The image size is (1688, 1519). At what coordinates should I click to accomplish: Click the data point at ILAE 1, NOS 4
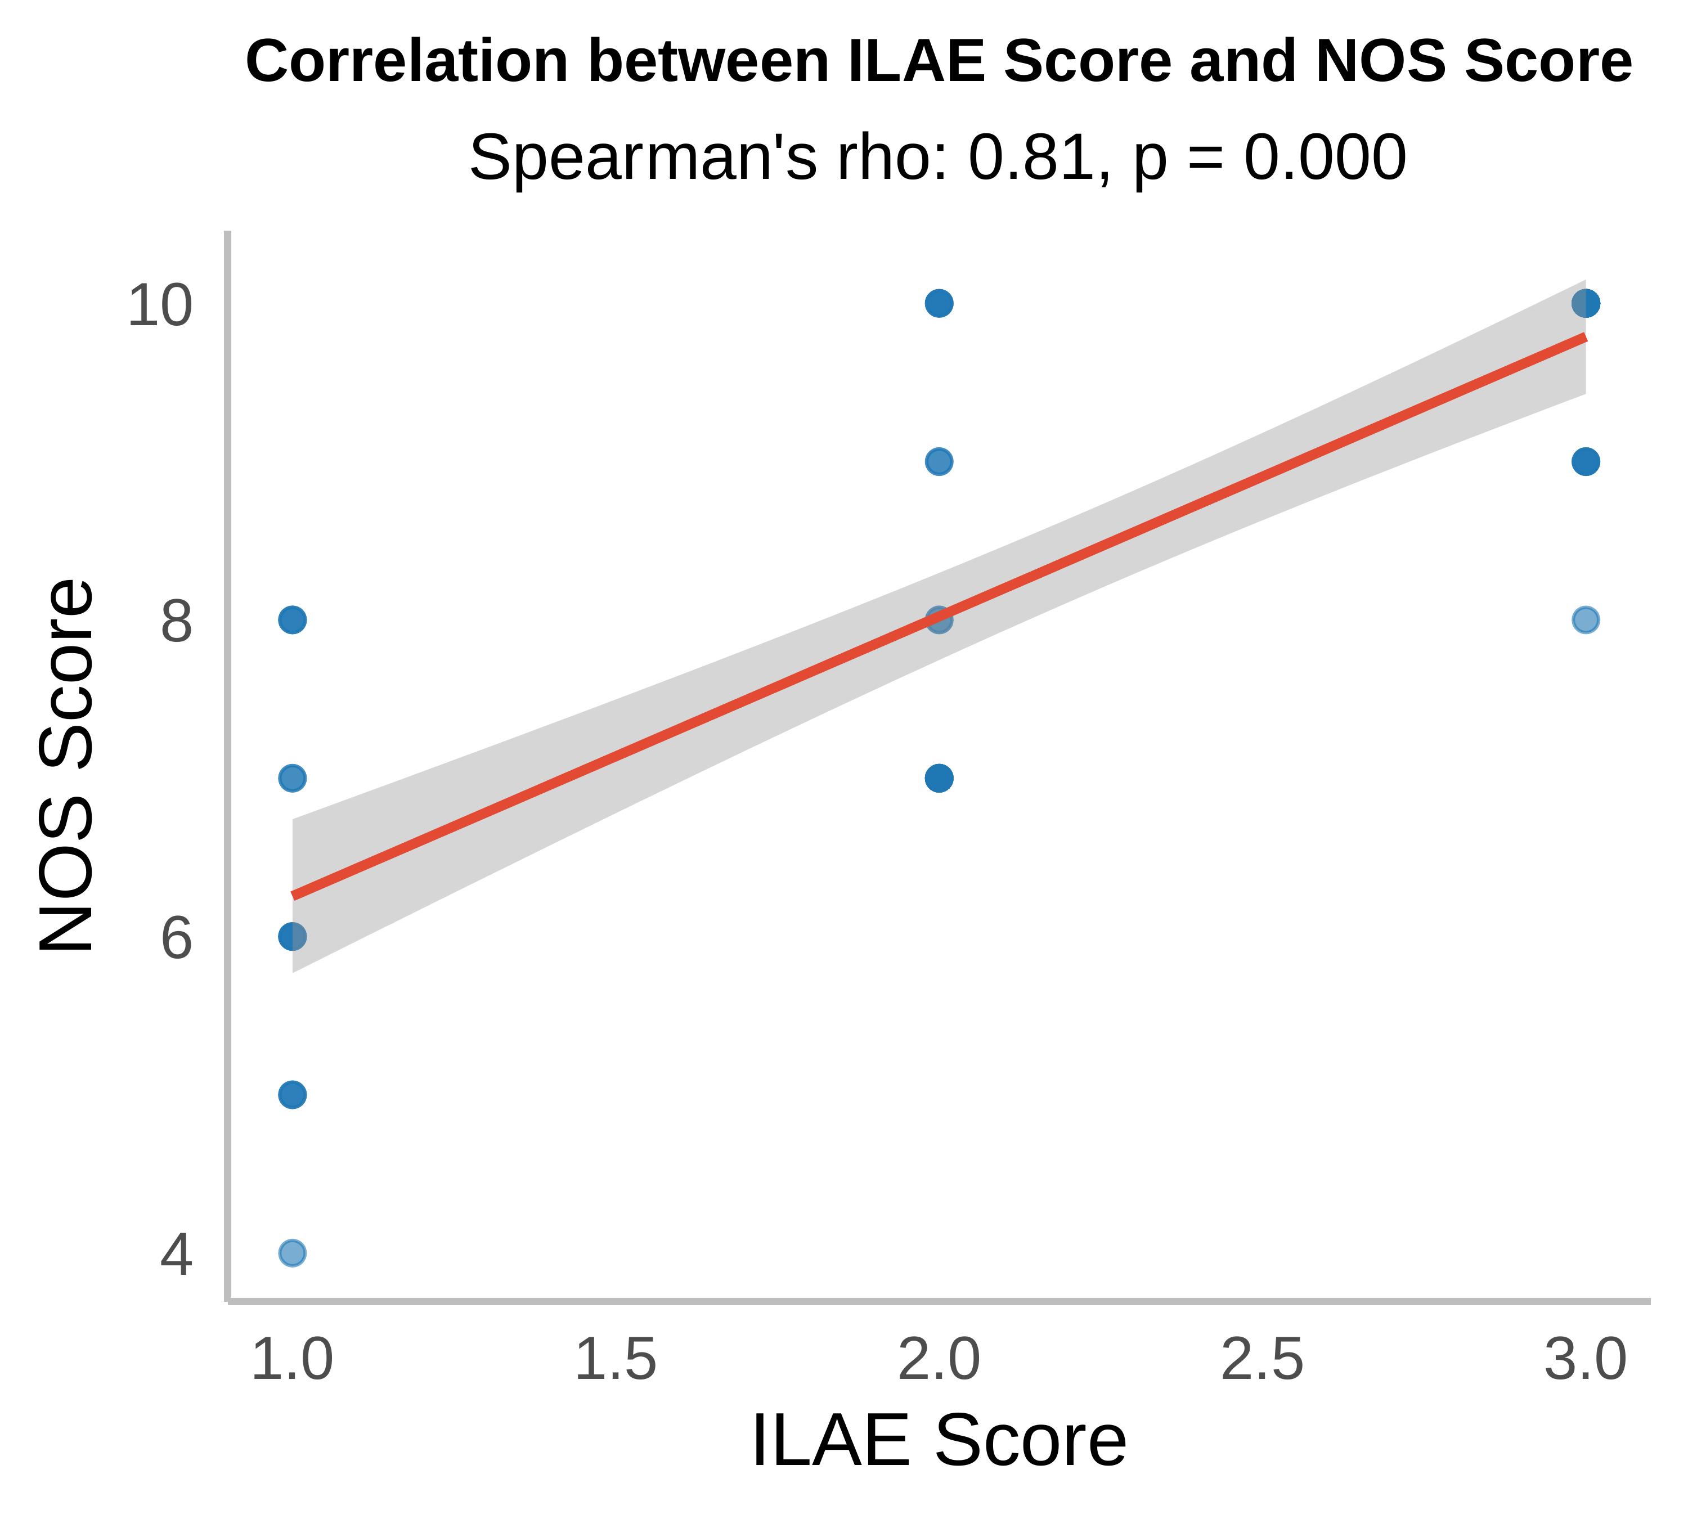pyautogui.click(x=291, y=1253)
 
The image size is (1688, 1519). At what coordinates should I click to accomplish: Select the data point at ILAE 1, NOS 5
pyautogui.click(x=291, y=1094)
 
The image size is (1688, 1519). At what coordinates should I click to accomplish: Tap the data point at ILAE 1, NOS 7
pyautogui.click(x=291, y=778)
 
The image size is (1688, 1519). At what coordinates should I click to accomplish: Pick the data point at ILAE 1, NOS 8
pyautogui.click(x=291, y=620)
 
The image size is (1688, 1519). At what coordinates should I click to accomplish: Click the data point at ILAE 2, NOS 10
pyautogui.click(x=939, y=303)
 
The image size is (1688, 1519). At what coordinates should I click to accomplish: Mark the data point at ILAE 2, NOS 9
pyautogui.click(x=939, y=461)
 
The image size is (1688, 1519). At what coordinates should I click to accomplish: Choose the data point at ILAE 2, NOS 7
pyautogui.click(x=939, y=778)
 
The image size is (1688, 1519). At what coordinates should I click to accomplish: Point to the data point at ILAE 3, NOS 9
pyautogui.click(x=1586, y=461)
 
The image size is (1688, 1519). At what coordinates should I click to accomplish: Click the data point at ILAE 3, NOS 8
pyautogui.click(x=1586, y=620)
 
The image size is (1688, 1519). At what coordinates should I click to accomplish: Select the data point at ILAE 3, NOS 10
pyautogui.click(x=1586, y=303)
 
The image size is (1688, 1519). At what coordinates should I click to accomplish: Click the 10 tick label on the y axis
pyautogui.click(x=159, y=305)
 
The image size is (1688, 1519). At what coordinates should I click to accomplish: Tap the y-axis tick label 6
pyautogui.click(x=176, y=938)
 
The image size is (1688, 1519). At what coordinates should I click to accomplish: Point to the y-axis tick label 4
pyautogui.click(x=176, y=1255)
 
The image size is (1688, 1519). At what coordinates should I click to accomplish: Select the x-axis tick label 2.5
pyautogui.click(x=1261, y=1360)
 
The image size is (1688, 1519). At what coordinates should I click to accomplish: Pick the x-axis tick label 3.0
pyautogui.click(x=1584, y=1360)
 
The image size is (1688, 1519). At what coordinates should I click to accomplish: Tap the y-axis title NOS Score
pyautogui.click(x=67, y=765)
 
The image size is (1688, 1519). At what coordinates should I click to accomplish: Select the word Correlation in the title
pyautogui.click(x=407, y=62)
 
